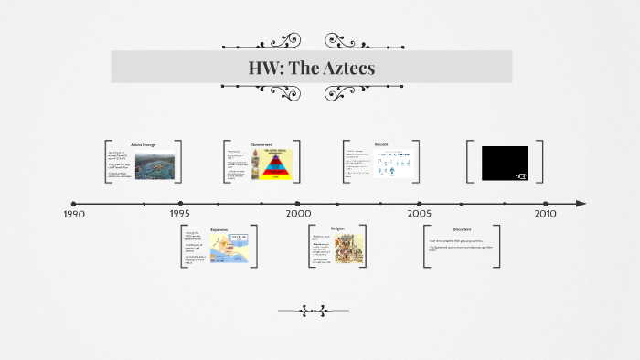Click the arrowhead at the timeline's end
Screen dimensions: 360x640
(x=581, y=204)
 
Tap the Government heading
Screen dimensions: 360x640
(x=262, y=144)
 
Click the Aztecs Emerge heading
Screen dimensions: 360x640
(x=144, y=144)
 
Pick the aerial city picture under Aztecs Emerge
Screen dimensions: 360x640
(x=155, y=164)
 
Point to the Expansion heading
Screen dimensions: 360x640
(x=219, y=229)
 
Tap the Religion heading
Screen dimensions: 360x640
(x=337, y=228)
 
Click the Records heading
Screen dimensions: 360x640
(x=382, y=144)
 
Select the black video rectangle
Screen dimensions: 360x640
(x=505, y=163)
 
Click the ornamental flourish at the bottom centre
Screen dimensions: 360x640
(x=320, y=311)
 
